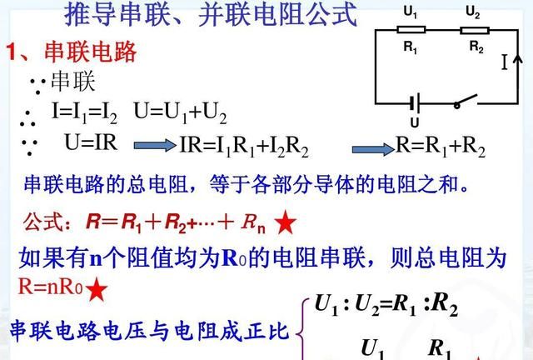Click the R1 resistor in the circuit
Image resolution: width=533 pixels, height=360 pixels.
coord(411,29)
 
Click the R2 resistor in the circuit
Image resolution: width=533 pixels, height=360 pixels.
coord(472,29)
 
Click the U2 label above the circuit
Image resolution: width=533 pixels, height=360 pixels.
coord(472,12)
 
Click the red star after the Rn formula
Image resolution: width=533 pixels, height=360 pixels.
coord(286,222)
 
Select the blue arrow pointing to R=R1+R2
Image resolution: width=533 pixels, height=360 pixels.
coord(370,147)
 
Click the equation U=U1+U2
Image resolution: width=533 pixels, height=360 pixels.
coord(180,112)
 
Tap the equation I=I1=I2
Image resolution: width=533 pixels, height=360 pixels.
coord(86,112)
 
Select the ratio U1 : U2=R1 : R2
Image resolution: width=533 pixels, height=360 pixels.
coord(386,306)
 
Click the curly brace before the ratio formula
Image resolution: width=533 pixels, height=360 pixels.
coord(304,329)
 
